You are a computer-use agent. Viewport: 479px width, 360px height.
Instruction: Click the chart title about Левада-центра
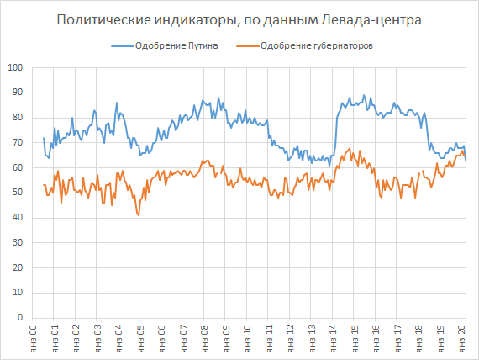tap(239, 19)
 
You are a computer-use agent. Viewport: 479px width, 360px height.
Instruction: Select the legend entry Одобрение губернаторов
tap(317, 45)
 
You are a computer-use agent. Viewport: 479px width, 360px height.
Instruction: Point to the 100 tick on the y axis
tap(14, 67)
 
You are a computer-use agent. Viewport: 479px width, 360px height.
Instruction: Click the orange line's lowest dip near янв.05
tap(139, 215)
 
